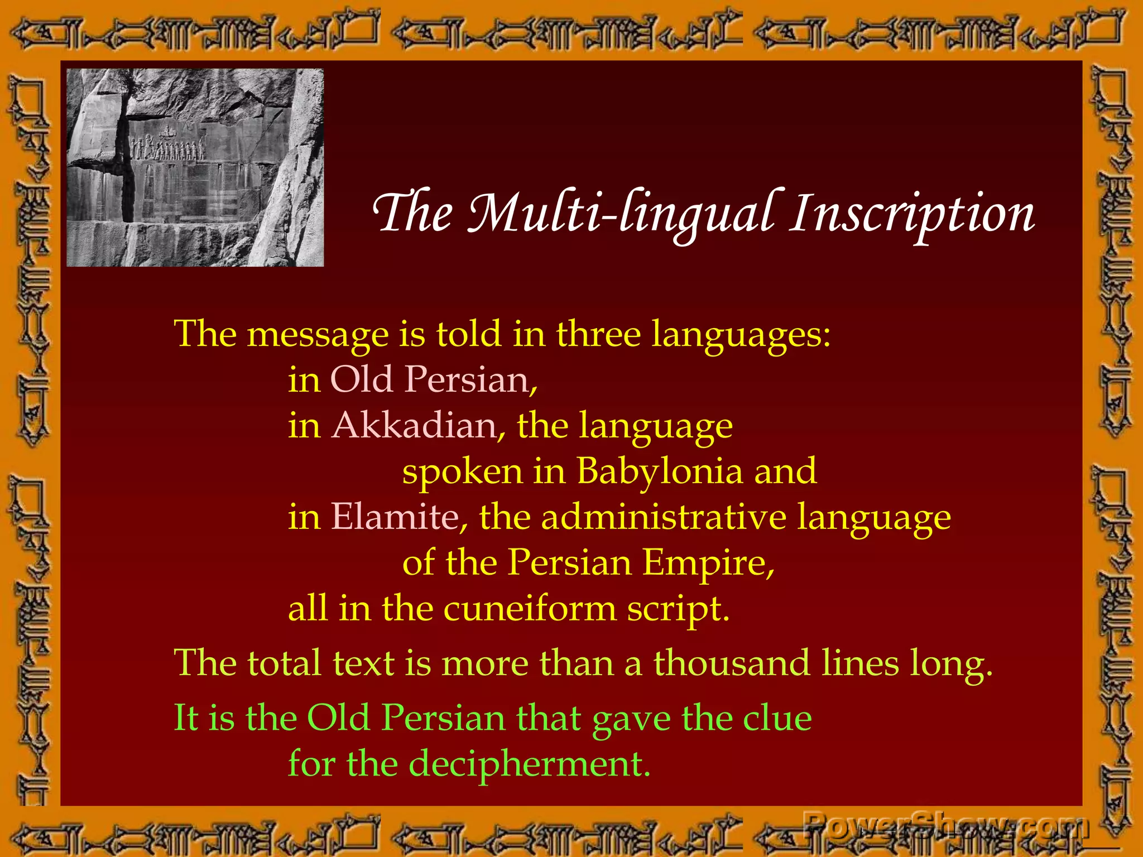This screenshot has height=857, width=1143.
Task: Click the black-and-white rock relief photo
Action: (x=195, y=167)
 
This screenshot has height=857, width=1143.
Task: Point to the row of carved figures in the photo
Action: (x=168, y=148)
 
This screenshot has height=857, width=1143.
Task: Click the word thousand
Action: (x=731, y=663)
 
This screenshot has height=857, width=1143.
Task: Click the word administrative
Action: (x=664, y=517)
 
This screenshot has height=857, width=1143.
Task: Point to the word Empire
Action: (x=708, y=562)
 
